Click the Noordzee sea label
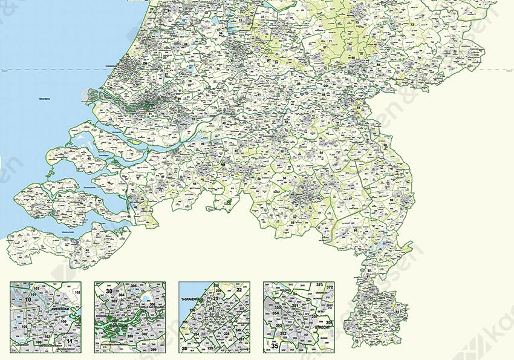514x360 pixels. pyautogui.click(x=44, y=97)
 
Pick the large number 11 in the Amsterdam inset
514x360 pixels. pyautogui.click(x=70, y=342)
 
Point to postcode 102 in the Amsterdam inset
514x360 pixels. pyautogui.click(x=77, y=293)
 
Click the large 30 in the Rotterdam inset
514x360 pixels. pyautogui.click(x=109, y=291)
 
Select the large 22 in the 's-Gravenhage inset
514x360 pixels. pyautogui.click(x=239, y=290)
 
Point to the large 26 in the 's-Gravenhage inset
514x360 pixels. pyautogui.click(x=184, y=349)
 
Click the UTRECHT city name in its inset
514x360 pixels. pyautogui.click(x=314, y=326)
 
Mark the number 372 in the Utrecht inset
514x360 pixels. pyautogui.click(x=330, y=287)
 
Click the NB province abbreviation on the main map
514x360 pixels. pyautogui.click(x=223, y=164)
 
